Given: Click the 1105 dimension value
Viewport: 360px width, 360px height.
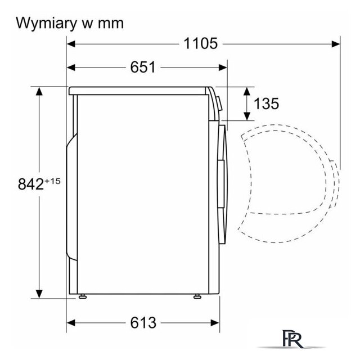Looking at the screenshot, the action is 200,43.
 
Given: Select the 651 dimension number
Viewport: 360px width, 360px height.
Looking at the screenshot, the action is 143,67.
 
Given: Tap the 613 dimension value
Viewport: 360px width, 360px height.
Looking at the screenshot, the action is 143,322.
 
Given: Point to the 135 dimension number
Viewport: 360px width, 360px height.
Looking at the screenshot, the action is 266,103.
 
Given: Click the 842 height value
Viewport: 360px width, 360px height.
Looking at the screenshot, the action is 31,184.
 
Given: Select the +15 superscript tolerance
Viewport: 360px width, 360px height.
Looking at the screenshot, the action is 52,181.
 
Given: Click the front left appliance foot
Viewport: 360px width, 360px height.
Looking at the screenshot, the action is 83,296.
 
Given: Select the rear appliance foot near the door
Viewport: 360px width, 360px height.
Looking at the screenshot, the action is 197,296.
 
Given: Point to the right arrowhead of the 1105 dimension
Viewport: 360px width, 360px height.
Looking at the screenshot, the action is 336,44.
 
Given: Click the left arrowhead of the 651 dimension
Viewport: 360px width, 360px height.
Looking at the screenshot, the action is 71,67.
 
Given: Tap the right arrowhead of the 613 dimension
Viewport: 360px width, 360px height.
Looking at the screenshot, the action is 215,323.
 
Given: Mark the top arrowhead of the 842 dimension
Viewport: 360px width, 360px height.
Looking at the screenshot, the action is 39,91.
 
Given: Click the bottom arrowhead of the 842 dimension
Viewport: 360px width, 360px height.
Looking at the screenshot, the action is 39,294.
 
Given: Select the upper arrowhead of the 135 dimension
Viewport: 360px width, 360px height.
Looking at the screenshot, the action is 247,91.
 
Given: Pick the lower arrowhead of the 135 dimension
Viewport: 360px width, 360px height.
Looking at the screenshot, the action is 247,116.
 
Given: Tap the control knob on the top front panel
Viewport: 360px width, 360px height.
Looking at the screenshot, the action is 219,103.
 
